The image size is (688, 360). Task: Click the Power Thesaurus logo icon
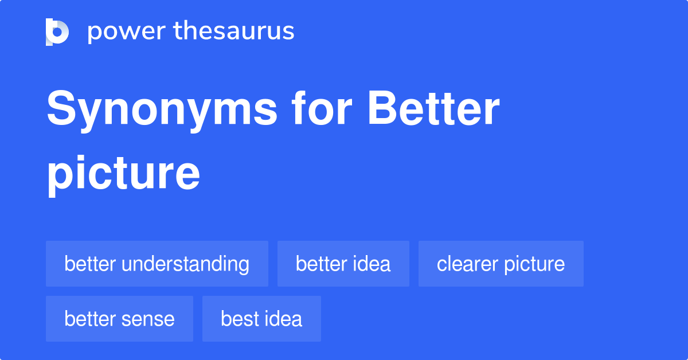pos(57,32)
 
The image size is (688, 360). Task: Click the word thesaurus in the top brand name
pos(234,32)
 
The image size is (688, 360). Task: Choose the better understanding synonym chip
pos(157,264)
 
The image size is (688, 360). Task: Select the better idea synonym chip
pos(343,264)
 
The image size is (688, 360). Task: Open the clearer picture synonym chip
pos(501,264)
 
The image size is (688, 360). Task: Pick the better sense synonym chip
pos(119,319)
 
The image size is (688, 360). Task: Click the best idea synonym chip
pos(261,319)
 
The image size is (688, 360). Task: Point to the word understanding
pos(185,264)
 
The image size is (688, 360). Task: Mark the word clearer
pos(467,264)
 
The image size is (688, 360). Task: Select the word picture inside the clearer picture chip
pos(534,264)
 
